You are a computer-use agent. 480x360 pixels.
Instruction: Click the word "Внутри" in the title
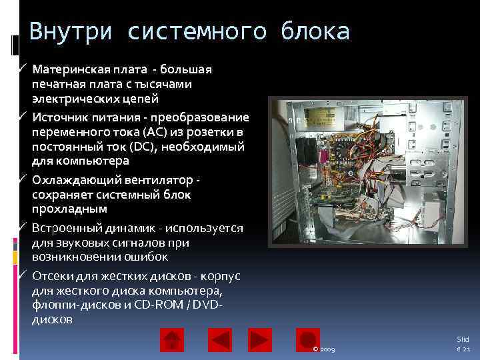point(63,31)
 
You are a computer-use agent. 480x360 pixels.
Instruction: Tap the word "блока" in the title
point(315,31)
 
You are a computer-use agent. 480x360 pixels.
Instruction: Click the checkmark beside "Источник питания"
point(23,116)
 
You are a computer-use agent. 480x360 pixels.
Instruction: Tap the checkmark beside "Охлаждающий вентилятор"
point(23,181)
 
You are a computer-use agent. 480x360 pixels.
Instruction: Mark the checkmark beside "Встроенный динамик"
point(23,229)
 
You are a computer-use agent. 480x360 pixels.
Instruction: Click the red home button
point(171,340)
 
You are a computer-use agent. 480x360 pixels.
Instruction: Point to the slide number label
point(463,344)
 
